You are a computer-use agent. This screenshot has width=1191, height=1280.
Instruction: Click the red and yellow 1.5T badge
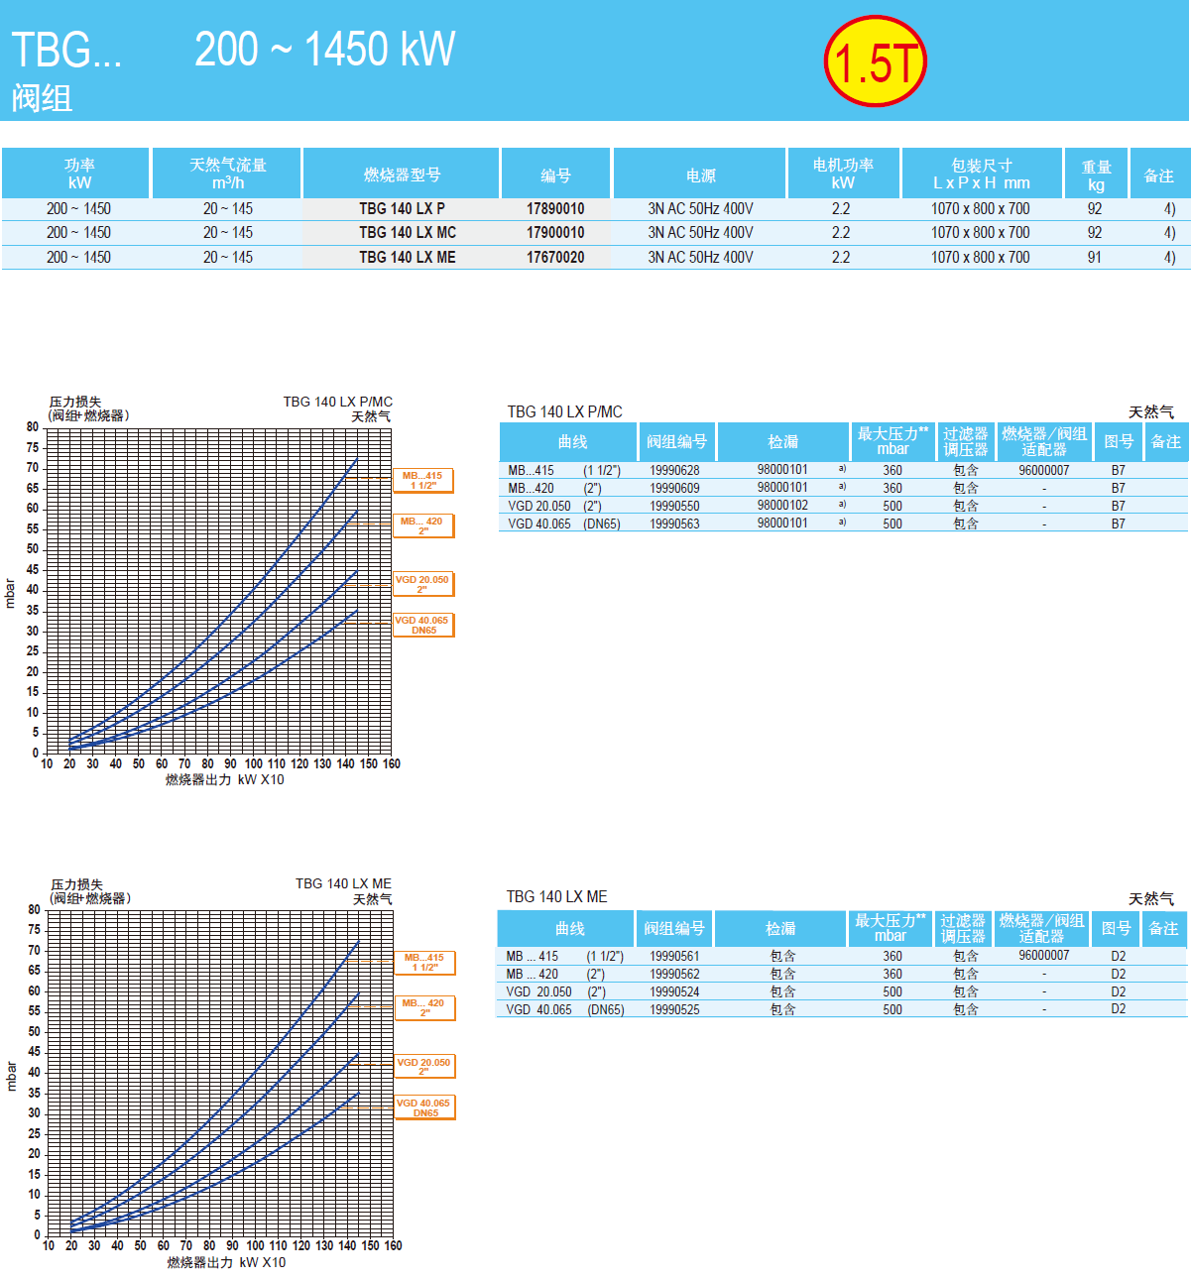click(x=875, y=61)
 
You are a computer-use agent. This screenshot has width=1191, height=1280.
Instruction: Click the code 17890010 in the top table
click(x=555, y=209)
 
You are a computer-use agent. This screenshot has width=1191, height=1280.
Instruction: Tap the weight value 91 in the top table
click(x=1094, y=258)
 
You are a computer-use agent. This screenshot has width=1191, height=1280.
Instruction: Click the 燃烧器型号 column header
click(x=402, y=175)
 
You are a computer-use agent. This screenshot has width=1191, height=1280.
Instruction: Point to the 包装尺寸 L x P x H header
click(x=982, y=175)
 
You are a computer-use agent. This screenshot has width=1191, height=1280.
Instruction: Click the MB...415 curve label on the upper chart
click(x=423, y=481)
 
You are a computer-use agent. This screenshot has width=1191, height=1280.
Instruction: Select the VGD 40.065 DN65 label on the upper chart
click(x=423, y=625)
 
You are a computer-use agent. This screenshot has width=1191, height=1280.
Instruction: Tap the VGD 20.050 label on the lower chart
click(x=424, y=1067)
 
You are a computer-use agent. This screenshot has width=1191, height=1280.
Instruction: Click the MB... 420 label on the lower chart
click(x=424, y=1008)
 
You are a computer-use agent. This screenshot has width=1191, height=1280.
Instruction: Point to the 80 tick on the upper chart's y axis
click(x=33, y=427)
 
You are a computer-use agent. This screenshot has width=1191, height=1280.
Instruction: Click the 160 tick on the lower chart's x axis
click(x=393, y=1246)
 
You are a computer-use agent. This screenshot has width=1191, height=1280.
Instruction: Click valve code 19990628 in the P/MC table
click(x=674, y=471)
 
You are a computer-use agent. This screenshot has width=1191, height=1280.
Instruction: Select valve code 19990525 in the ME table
click(x=674, y=1010)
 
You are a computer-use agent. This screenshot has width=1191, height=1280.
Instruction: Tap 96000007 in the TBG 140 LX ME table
click(x=1043, y=956)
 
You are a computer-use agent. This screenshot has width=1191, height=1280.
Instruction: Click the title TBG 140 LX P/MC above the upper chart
click(x=337, y=402)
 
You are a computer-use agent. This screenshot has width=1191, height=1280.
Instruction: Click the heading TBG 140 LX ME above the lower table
click(x=556, y=897)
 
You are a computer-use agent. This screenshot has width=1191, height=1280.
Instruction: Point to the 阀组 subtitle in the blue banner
click(x=42, y=98)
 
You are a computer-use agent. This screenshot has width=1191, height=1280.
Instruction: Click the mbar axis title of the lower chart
click(x=12, y=1076)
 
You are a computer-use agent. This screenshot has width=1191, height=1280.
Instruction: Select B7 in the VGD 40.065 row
click(x=1118, y=524)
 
